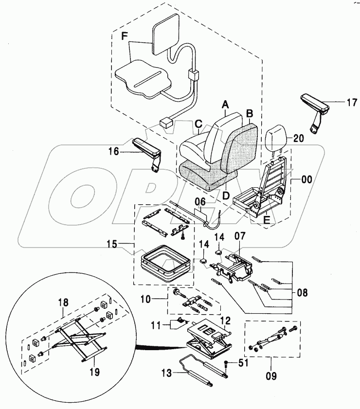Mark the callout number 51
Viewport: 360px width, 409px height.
[x=242, y=362]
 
